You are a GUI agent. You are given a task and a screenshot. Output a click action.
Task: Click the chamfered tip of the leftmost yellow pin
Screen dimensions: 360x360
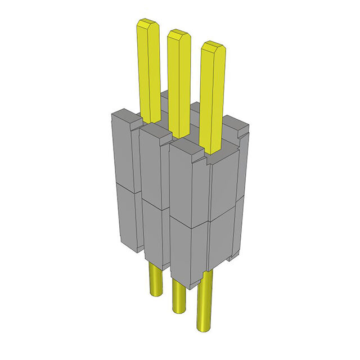pyautogui.click(x=147, y=25)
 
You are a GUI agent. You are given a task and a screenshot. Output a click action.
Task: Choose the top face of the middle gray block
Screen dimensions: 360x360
pyautogui.click(x=155, y=132)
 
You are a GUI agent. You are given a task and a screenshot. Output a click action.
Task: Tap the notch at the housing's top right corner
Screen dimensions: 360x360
pyautogui.click(x=241, y=132)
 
